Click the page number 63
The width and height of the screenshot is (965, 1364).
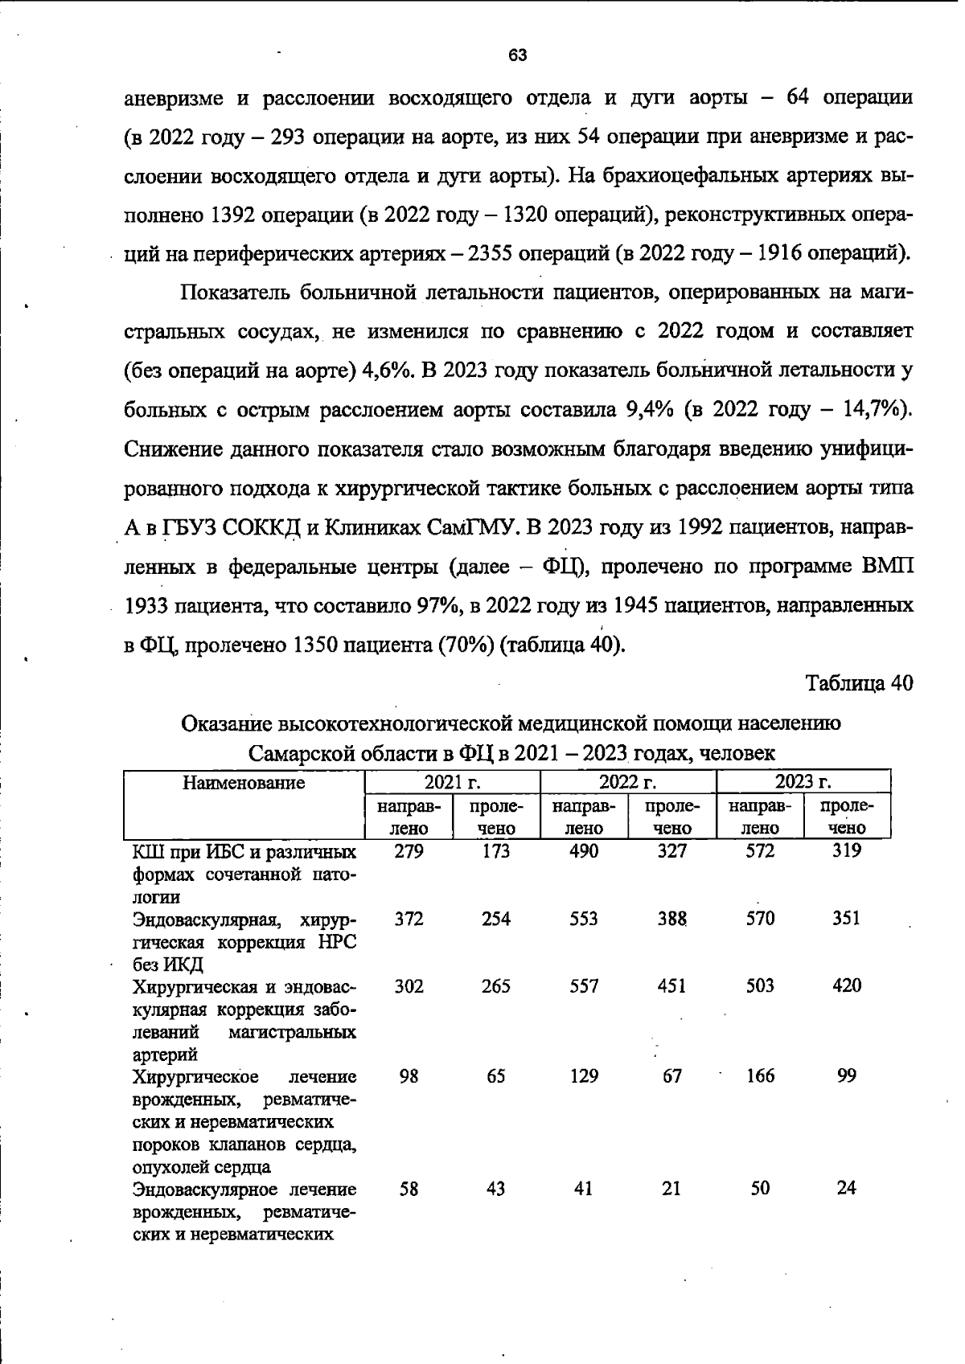[x=517, y=55]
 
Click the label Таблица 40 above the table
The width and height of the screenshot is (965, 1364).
[x=859, y=683]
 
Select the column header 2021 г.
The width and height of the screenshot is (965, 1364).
[x=452, y=782]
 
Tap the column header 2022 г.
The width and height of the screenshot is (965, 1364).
[x=627, y=782]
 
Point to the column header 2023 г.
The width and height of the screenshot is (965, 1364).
[x=803, y=782]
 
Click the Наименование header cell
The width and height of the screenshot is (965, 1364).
[x=244, y=782]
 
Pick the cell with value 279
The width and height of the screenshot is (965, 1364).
[x=409, y=851]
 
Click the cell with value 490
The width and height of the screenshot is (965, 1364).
[x=583, y=851]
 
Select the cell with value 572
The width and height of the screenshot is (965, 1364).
[x=759, y=851]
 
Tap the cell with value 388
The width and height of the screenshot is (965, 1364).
[x=671, y=918]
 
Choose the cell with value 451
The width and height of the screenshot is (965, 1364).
[x=671, y=985]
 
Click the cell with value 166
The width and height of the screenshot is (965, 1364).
[x=759, y=1075]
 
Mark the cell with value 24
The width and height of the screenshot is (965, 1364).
[x=846, y=1187]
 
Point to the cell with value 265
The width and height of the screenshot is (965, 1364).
[x=495, y=985]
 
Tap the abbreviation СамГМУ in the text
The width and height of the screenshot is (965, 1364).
[x=474, y=527]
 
